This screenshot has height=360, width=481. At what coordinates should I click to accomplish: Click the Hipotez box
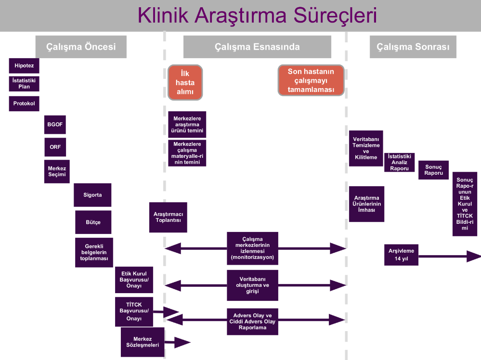coord(24,65)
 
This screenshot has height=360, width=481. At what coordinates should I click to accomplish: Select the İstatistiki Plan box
coord(24,84)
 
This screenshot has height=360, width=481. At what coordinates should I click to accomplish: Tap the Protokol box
coord(24,103)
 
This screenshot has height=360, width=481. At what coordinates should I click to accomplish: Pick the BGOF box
coord(55,124)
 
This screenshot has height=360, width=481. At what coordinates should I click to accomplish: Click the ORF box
coord(55,147)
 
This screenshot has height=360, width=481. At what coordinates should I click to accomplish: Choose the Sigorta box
coord(93,195)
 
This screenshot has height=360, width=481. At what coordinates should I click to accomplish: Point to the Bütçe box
coord(93,222)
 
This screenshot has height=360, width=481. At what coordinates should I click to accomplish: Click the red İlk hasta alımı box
coord(185,82)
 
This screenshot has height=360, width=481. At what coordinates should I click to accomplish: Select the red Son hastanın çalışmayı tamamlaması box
coord(311,80)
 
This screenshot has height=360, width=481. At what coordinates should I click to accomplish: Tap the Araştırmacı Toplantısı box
coord(168,217)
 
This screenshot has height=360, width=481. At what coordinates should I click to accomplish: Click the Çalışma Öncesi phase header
coord(81,47)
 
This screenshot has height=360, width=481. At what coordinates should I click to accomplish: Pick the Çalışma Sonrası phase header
coord(413,47)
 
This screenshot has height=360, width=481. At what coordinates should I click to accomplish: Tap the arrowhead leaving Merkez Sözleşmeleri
coord(182,343)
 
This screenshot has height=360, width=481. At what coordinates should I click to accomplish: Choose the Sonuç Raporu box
coord(433,170)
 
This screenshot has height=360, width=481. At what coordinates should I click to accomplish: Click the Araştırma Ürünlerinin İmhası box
coord(366,204)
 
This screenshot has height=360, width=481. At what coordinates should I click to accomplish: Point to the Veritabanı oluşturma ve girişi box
coord(252,285)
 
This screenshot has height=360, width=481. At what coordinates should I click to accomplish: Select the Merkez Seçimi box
coord(57,171)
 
